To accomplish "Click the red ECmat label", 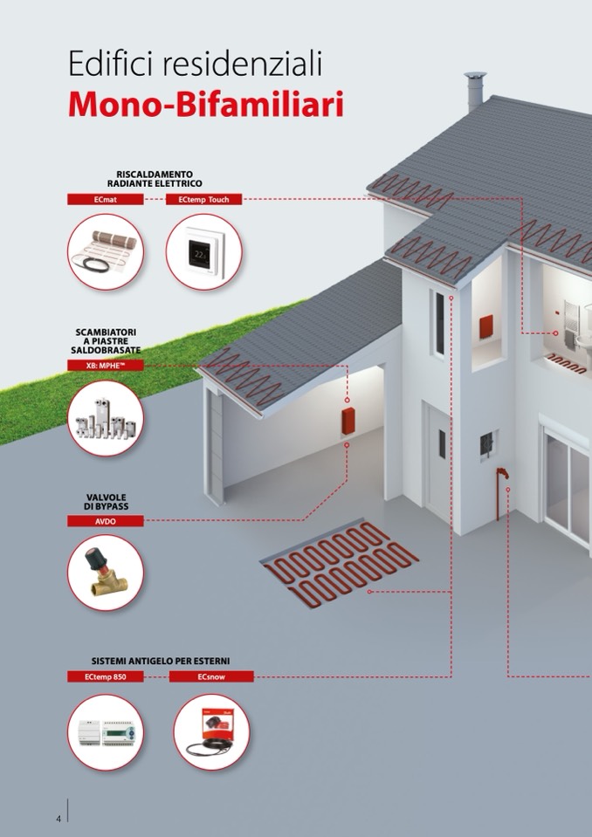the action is pos(105,199).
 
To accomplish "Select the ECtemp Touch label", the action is pos(204,199).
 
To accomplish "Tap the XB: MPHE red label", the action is pos(105,366).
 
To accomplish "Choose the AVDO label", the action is pos(105,521).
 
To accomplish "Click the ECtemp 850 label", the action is pos(105,676).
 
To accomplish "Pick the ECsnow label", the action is pos(211,676).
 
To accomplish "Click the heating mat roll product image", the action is pos(106,250).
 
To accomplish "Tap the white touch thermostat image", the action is pos(203,251).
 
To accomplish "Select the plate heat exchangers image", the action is pos(105,419).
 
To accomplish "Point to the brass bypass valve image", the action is pos(105,573).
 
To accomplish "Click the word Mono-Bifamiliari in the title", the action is pos(205,105).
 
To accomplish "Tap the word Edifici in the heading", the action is pos(112,64).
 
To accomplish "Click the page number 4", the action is pos(59,819).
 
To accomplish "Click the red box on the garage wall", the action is pos(348,422).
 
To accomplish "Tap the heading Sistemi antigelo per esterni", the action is pos(160,661).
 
